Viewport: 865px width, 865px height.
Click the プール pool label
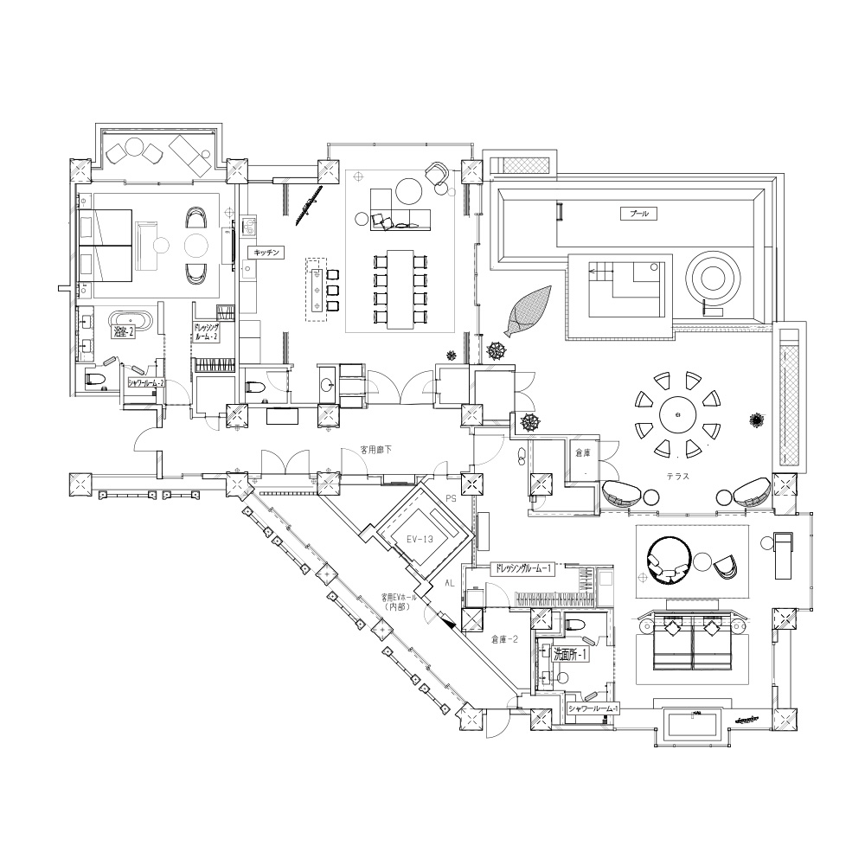coord(641,213)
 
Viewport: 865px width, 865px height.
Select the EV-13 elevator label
coord(419,537)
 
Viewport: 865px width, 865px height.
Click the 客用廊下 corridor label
coord(377,451)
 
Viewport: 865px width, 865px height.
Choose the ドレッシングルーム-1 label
coord(520,569)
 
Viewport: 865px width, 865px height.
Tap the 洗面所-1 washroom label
coord(571,656)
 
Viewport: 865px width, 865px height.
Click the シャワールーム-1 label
coord(594,708)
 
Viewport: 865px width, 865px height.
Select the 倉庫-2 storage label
coord(504,639)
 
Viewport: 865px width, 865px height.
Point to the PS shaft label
coord(450,498)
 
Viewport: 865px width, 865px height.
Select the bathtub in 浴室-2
coord(130,322)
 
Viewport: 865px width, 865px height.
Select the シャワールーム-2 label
coord(145,381)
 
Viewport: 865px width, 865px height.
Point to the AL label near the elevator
coord(450,584)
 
